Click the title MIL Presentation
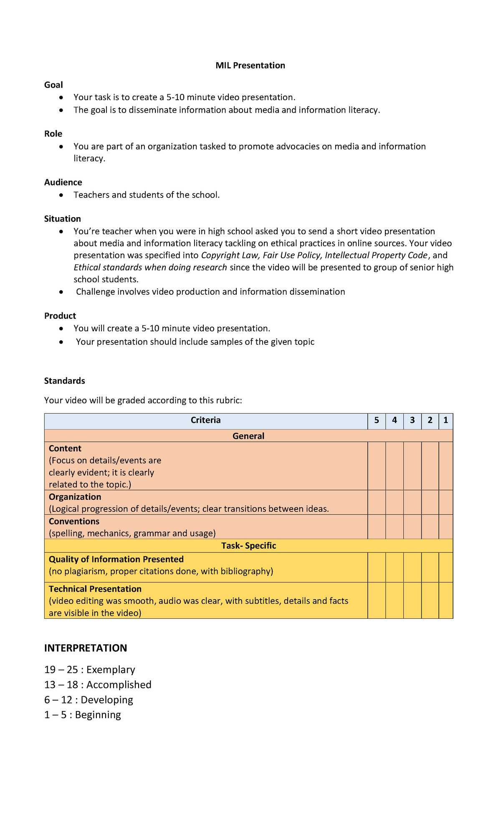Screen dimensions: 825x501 250,66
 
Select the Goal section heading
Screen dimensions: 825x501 53,85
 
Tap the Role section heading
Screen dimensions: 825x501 53,134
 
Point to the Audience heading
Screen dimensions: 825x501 63,182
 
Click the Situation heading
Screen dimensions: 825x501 63,219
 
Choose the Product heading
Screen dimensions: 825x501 60,316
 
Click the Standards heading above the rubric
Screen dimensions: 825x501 65,381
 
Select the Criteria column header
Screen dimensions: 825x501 205,420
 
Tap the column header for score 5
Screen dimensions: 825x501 377,420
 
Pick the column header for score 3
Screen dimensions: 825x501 412,420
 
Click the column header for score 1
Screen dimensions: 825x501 446,420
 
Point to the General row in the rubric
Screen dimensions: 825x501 248,436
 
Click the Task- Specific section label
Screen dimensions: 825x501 248,546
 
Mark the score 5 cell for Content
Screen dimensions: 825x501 377,466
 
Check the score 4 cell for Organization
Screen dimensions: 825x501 395,502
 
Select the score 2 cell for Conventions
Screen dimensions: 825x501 430,527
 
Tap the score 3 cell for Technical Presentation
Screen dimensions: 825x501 412,600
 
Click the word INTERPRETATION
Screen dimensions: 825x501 86,648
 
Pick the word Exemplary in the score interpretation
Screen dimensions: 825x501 111,670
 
